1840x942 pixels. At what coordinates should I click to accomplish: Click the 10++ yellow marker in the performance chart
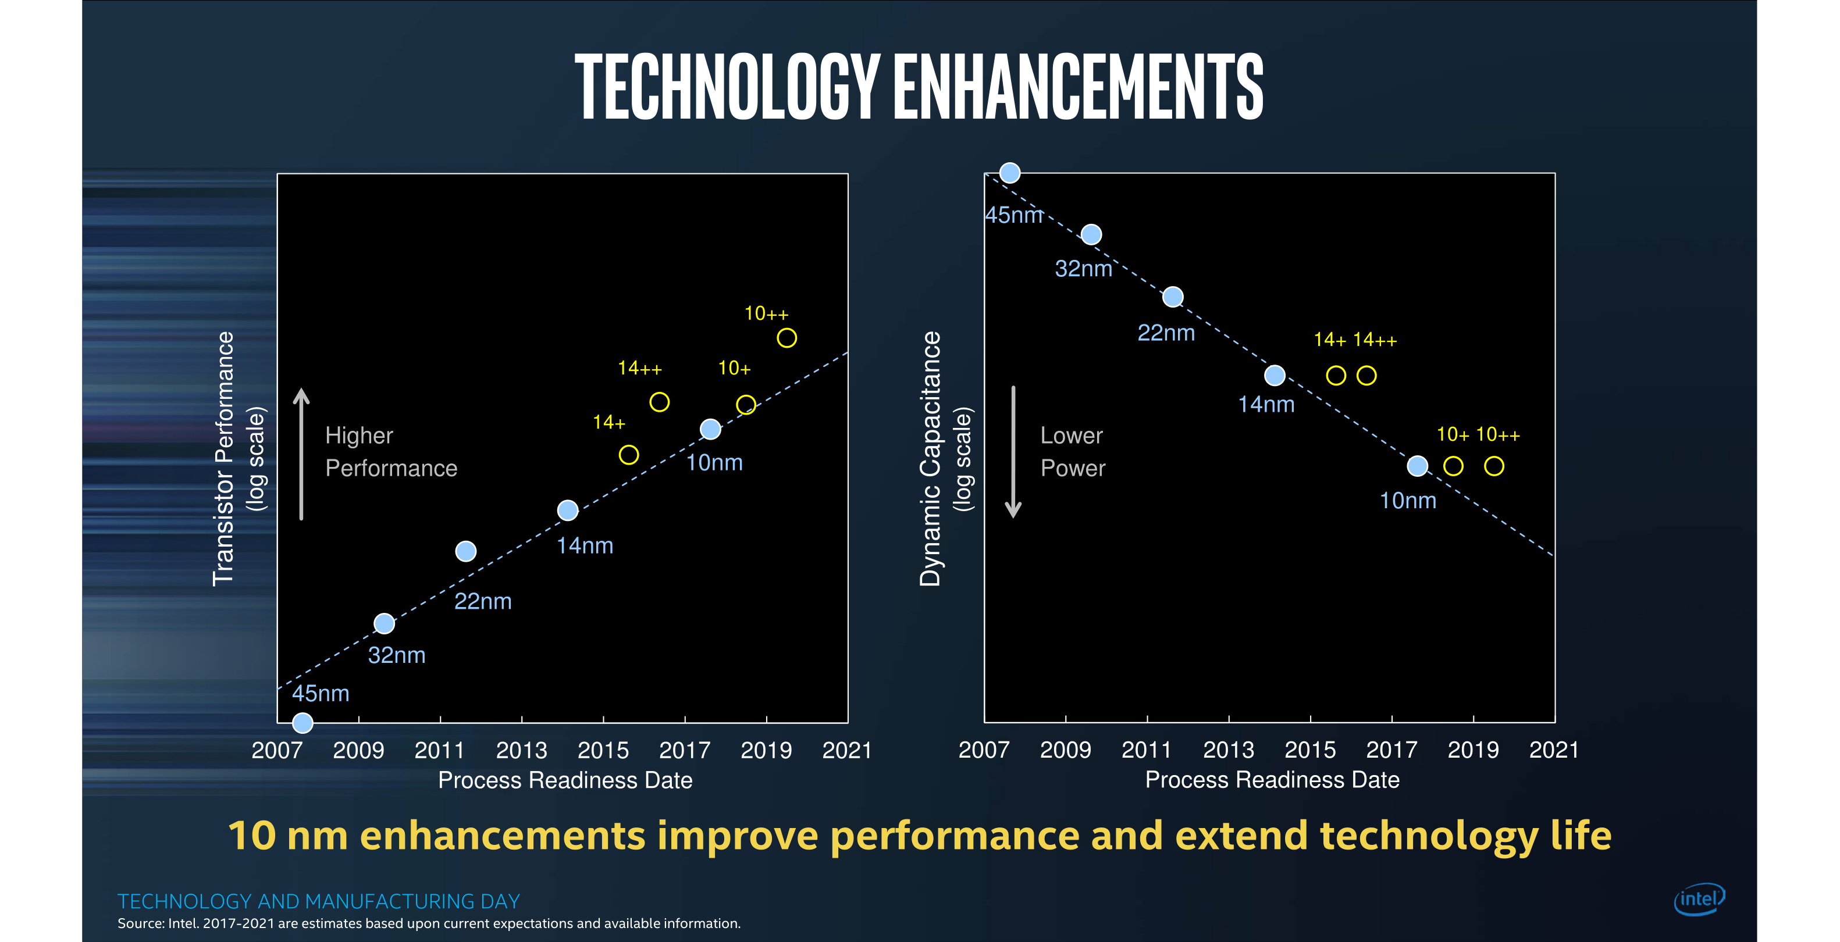786,338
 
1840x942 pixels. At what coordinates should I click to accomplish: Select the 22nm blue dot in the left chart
466,551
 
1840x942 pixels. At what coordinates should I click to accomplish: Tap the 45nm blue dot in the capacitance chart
1010,173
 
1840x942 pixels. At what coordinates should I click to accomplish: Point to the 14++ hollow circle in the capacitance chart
1366,376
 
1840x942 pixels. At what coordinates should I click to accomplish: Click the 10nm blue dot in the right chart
1417,466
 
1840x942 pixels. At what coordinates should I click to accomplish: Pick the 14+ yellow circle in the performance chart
629,455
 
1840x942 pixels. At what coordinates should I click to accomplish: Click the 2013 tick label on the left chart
521,751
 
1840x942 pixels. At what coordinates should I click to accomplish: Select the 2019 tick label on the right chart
1473,750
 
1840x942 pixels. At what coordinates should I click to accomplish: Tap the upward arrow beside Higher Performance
301,454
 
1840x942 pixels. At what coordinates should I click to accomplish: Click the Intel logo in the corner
1699,900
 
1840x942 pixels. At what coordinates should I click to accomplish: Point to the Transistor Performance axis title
223,459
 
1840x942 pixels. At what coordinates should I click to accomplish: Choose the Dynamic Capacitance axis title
931,459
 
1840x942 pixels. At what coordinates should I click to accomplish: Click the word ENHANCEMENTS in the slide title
1079,87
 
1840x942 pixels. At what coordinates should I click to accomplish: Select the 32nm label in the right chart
1084,269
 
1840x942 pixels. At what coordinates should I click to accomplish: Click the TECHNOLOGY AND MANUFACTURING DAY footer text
319,901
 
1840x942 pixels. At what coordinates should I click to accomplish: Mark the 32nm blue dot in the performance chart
385,623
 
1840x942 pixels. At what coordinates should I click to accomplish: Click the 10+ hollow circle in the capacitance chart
1453,466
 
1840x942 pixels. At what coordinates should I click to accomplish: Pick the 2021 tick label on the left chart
847,751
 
